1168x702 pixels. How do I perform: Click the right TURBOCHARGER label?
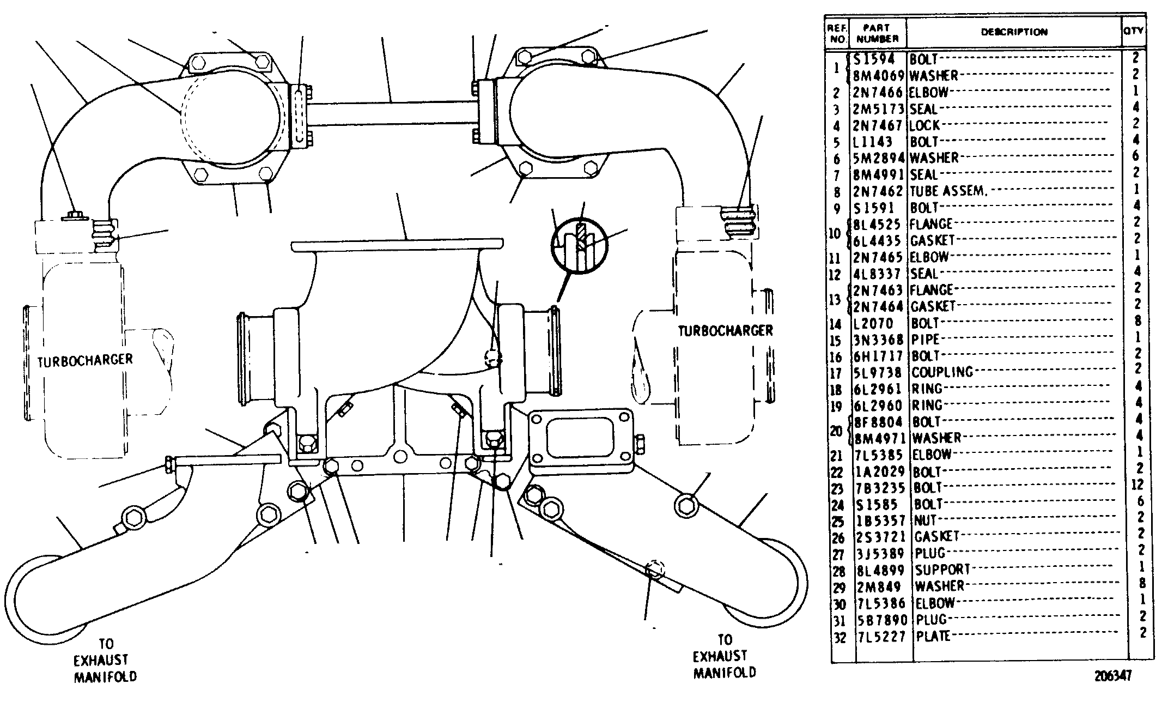(x=725, y=331)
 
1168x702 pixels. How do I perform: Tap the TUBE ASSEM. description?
(x=948, y=191)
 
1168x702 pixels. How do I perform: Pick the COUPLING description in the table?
(x=942, y=373)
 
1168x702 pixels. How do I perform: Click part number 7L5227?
(x=881, y=637)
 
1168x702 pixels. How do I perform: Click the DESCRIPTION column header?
(x=1014, y=32)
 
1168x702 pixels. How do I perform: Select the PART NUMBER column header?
(x=877, y=33)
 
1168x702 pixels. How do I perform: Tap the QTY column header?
(x=1134, y=32)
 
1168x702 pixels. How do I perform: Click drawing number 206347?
(x=1114, y=676)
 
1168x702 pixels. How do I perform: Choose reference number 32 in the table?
(x=839, y=637)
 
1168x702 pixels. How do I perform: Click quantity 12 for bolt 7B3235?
(x=1139, y=485)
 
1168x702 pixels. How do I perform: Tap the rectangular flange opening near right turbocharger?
(x=582, y=437)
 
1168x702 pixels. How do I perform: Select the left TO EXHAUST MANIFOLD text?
(x=105, y=661)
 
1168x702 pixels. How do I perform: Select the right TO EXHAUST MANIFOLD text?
(x=724, y=657)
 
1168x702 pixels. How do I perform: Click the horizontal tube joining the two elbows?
(x=392, y=113)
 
